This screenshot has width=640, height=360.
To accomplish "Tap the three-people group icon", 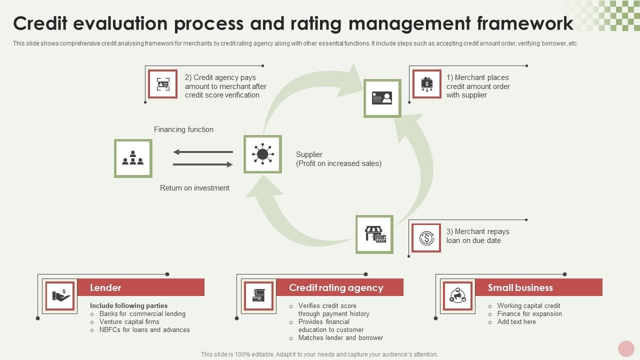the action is coord(133,158).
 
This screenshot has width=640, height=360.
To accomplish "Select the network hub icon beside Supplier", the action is coord(262,154).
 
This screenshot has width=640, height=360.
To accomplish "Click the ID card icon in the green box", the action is coord(382,98).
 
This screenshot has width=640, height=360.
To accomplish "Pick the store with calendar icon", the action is coord(374,234).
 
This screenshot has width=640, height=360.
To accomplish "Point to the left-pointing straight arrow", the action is coord(203,152).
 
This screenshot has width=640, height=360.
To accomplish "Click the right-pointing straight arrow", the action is coord(203,164).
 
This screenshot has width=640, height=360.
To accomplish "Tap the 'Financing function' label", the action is coord(183,129).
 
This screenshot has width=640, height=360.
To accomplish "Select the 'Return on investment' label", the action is coord(194,188).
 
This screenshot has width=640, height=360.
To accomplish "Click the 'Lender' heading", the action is coord(105,287).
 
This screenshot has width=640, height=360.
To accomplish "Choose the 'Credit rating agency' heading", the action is coord(336,287).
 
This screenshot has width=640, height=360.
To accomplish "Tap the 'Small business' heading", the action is coord(520,287).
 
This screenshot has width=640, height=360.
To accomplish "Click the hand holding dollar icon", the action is coord(60,295).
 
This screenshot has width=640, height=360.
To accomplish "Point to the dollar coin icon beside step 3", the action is coord(426,238).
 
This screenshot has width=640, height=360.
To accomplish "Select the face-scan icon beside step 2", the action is coord(163,84).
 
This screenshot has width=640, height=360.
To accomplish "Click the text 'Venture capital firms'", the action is coord(129,322).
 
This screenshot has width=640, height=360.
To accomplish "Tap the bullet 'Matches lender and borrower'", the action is coord(340,338).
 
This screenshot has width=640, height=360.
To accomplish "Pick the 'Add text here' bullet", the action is coord(516,322).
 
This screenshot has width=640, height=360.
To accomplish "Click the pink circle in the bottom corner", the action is coord(626,348).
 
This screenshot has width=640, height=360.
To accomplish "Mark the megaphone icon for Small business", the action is coord(457,295).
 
